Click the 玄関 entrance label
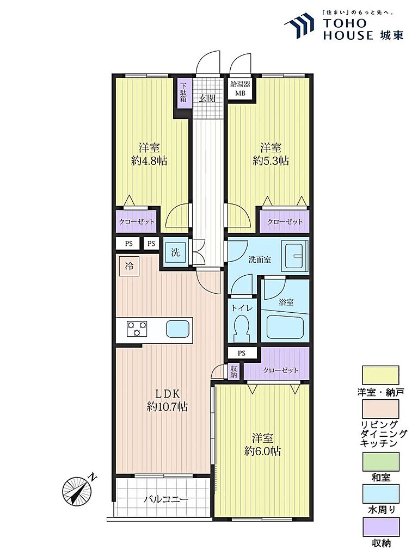tap(207, 98)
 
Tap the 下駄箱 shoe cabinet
tap(183, 92)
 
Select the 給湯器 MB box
tap(240, 89)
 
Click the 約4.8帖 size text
tap(149, 160)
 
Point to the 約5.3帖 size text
tap(271, 160)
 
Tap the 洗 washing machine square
tap(175, 252)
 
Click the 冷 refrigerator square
tap(129, 265)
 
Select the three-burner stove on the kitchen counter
tap(137, 328)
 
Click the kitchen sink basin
tap(178, 329)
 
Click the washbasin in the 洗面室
tap(294, 256)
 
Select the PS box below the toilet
tap(242, 353)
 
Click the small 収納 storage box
tap(233, 372)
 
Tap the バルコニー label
tap(166, 499)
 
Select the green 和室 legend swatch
tap(380, 461)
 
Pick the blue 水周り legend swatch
tap(380, 493)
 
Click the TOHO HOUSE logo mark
tap(299, 26)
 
